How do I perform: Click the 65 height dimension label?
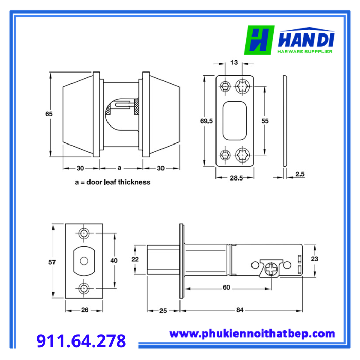click(x=49, y=114)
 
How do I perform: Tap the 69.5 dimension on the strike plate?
click(x=206, y=121)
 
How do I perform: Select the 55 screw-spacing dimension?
click(x=265, y=121)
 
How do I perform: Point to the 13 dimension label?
click(x=234, y=62)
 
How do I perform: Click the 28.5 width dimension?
click(x=236, y=178)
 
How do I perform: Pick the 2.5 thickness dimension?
click(x=300, y=174)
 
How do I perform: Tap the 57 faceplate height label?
click(x=52, y=262)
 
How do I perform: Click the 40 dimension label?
click(x=114, y=261)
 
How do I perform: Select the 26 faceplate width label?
click(x=85, y=310)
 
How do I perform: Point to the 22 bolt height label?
click(x=135, y=259)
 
